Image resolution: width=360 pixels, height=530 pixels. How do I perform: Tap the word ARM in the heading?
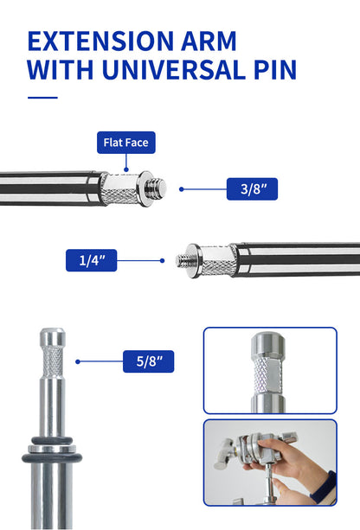[x=209, y=42]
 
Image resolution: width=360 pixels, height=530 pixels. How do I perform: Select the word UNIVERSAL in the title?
[x=174, y=70]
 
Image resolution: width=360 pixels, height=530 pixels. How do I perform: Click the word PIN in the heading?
[x=275, y=70]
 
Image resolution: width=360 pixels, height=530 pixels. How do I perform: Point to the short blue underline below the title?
[x=42, y=98]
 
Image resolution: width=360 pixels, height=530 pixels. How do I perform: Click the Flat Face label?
[x=126, y=143]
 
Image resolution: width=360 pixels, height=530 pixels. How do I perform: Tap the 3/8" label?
[x=252, y=189]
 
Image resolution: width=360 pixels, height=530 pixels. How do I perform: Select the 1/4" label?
[x=92, y=260]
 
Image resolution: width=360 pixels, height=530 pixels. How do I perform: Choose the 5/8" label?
[x=149, y=361]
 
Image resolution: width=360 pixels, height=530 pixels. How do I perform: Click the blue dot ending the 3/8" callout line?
[x=182, y=189]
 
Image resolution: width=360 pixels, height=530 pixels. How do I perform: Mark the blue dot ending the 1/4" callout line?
[x=163, y=260]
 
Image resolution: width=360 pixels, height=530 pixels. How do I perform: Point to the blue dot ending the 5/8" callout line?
[x=78, y=361]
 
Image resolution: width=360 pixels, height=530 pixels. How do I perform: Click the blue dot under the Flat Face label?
[x=126, y=169]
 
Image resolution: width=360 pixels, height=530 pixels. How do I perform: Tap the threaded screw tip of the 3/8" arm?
[x=156, y=189]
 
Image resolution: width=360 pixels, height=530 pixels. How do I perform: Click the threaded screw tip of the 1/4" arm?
[x=183, y=260]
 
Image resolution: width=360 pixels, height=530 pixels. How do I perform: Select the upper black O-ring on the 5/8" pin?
[x=52, y=440]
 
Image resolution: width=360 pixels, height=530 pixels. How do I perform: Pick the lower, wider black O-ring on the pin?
[x=52, y=458]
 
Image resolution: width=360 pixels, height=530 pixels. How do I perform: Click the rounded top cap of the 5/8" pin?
[x=53, y=336]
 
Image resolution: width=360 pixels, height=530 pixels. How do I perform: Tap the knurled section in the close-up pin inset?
[x=268, y=375]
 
